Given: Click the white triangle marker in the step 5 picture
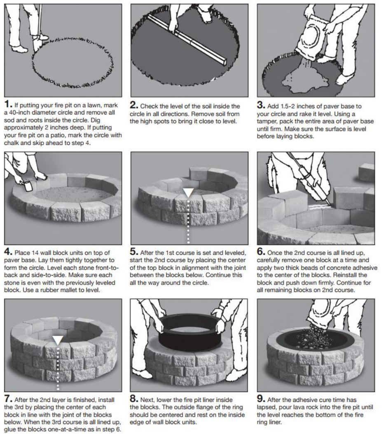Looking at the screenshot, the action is click(188, 193).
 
